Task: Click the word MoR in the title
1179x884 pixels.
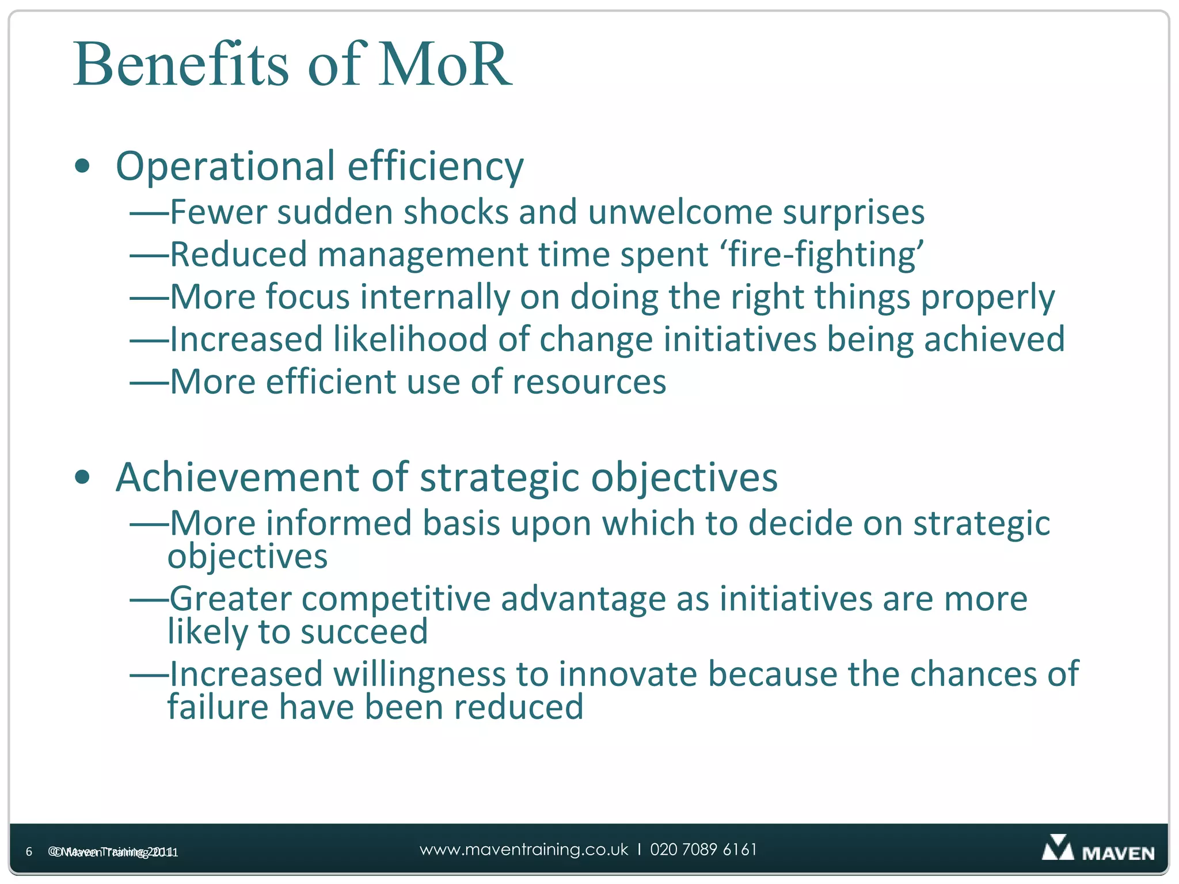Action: [444, 64]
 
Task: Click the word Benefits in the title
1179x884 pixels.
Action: [180, 64]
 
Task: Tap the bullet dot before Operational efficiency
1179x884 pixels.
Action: [83, 166]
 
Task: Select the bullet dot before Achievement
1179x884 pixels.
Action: [83, 477]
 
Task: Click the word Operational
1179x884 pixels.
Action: [225, 167]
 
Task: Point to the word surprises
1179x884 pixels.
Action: [853, 213]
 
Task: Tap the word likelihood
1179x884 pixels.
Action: [410, 340]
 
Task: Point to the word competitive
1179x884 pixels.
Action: [396, 599]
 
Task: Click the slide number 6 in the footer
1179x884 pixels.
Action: [29, 852]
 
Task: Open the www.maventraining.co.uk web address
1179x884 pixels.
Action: [523, 850]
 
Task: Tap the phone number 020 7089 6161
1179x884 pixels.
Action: [703, 850]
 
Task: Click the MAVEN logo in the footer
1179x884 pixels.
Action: [1098, 849]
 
